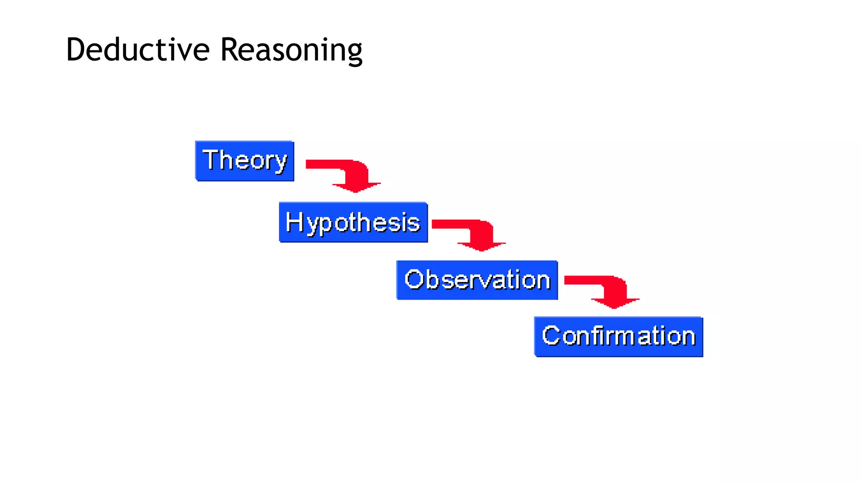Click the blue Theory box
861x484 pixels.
[x=245, y=161]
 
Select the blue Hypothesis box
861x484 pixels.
[x=353, y=223]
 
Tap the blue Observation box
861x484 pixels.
[x=477, y=280]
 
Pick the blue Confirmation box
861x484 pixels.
[x=618, y=337]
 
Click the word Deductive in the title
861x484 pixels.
[x=137, y=50]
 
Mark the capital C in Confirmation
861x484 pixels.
[x=551, y=335]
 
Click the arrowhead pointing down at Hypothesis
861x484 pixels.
[x=356, y=187]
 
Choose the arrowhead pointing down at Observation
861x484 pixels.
[x=481, y=246]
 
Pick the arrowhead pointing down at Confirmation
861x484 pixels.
[x=615, y=303]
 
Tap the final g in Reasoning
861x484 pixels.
[x=354, y=54]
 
